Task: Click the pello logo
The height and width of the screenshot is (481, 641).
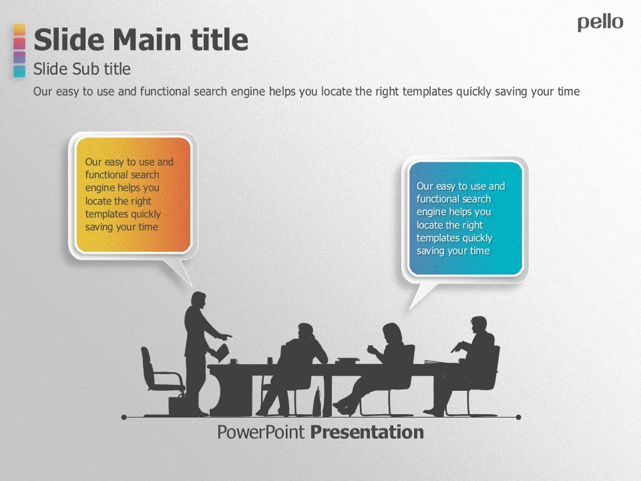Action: coord(600,23)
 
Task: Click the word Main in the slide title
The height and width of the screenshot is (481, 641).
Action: coord(147,39)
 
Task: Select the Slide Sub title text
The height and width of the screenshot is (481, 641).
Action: coord(81,69)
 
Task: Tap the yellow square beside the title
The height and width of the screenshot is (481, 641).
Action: coord(19,30)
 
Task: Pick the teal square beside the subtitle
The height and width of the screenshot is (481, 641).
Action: coord(19,71)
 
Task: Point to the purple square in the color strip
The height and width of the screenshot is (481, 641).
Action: coord(19,57)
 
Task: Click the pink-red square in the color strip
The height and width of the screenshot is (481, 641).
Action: coord(19,43)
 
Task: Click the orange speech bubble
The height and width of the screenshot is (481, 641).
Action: coord(134,195)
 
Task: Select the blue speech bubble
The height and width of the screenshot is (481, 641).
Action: coord(465,219)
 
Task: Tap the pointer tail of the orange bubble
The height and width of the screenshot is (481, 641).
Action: coord(180,271)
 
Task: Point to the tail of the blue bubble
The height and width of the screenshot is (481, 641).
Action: coord(421,295)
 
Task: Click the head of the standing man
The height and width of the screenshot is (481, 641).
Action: coord(199,300)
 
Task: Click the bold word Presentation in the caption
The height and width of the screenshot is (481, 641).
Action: coord(367,432)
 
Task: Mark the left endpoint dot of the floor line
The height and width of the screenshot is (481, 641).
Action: coord(124,417)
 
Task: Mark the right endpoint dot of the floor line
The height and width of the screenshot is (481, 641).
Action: coord(518,417)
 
